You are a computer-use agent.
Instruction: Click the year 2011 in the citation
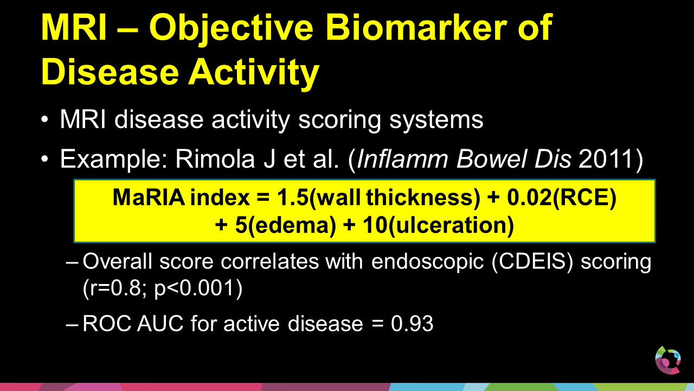(x=606, y=159)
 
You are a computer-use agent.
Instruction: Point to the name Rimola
(x=215, y=159)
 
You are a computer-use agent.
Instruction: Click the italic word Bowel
(x=491, y=159)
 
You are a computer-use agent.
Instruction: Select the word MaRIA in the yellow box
(x=149, y=197)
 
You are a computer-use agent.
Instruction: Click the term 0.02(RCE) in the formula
(x=561, y=198)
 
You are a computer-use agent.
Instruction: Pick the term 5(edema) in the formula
(x=285, y=225)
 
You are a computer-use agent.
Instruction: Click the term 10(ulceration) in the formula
(x=438, y=225)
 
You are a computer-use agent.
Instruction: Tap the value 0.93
(x=412, y=324)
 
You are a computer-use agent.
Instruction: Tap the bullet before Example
(x=45, y=159)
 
